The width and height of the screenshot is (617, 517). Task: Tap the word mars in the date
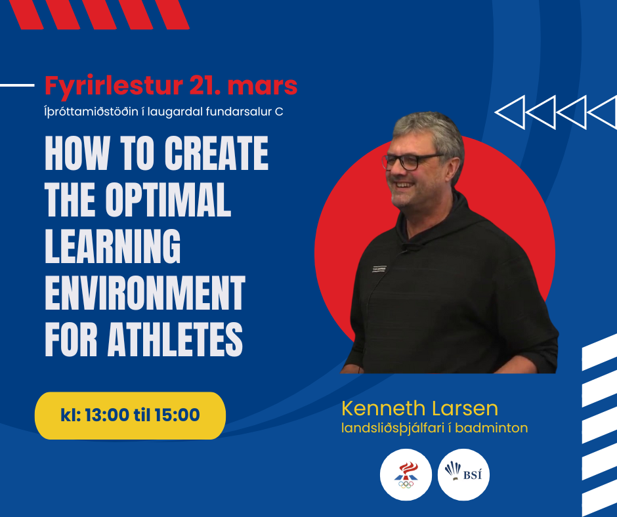tap(263, 86)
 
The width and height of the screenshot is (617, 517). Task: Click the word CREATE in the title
tap(217, 153)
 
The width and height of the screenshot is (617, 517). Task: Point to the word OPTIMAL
tap(168, 199)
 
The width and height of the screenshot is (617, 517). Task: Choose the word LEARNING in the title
tap(113, 246)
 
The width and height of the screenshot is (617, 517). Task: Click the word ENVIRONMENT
tap(145, 293)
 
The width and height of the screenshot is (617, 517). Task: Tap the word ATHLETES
tap(175, 339)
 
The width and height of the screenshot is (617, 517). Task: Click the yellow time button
tap(130, 415)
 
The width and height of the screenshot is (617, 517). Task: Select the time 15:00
tap(177, 415)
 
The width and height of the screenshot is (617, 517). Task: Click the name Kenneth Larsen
tap(420, 408)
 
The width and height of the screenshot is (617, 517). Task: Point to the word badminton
tap(492, 428)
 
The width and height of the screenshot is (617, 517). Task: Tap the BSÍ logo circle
tap(463, 474)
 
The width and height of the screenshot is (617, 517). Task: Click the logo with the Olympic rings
tap(406, 474)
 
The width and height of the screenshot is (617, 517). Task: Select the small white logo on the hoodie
tap(379, 269)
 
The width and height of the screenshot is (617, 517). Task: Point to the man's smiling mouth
tap(404, 184)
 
